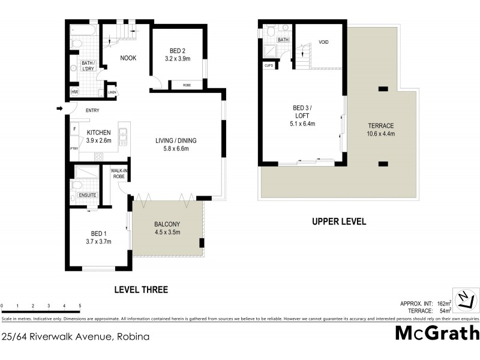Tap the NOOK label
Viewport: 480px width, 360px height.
pyautogui.click(x=128, y=58)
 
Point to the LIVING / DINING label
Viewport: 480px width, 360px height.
pyautogui.click(x=172, y=141)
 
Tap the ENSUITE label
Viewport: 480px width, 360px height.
pyautogui.click(x=83, y=195)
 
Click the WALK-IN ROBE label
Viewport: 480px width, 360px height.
pyautogui.click(x=118, y=174)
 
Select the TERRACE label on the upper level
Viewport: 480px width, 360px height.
pyautogui.click(x=381, y=125)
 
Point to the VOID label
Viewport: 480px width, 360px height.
pyautogui.click(x=323, y=43)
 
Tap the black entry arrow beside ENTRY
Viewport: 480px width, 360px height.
pyautogui.click(x=59, y=109)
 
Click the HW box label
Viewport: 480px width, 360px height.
pyautogui.click(x=75, y=92)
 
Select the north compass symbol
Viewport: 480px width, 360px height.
pyautogui.click(x=465, y=299)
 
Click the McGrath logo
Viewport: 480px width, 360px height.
pyautogui.click(x=437, y=333)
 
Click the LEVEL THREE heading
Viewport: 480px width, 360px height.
pyautogui.click(x=141, y=290)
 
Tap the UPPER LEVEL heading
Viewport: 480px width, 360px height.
pyautogui.click(x=338, y=221)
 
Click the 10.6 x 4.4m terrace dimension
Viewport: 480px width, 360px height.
pyautogui.click(x=381, y=134)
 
